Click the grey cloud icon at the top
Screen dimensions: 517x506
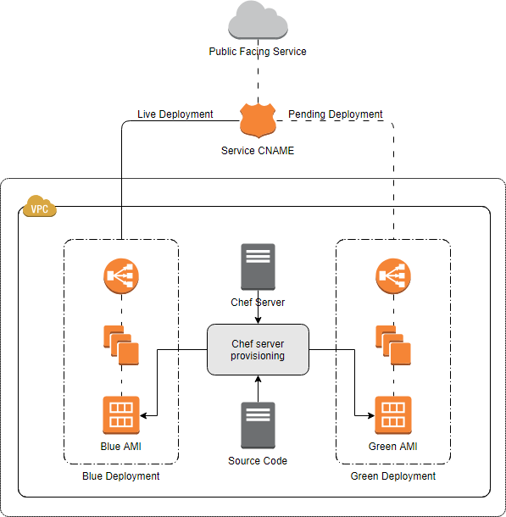pyautogui.click(x=258, y=21)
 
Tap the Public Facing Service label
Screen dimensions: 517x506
pyautogui.click(x=258, y=52)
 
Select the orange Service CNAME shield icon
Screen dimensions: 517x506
pyautogui.click(x=258, y=120)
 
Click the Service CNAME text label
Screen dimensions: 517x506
pyautogui.click(x=258, y=151)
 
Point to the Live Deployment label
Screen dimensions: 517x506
pyautogui.click(x=175, y=114)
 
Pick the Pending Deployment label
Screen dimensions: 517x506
pyautogui.click(x=336, y=114)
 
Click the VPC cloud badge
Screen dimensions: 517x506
pyautogui.click(x=39, y=207)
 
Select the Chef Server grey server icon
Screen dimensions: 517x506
pyautogui.click(x=258, y=266)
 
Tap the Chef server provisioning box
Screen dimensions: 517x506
pyautogui.click(x=258, y=350)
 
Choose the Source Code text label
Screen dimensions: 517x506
pyautogui.click(x=258, y=461)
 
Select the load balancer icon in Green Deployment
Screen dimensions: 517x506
pyautogui.click(x=393, y=274)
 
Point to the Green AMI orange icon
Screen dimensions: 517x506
pyautogui.click(x=393, y=415)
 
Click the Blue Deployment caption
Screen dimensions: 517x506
pyautogui.click(x=120, y=476)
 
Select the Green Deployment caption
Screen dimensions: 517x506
pyautogui.click(x=393, y=476)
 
